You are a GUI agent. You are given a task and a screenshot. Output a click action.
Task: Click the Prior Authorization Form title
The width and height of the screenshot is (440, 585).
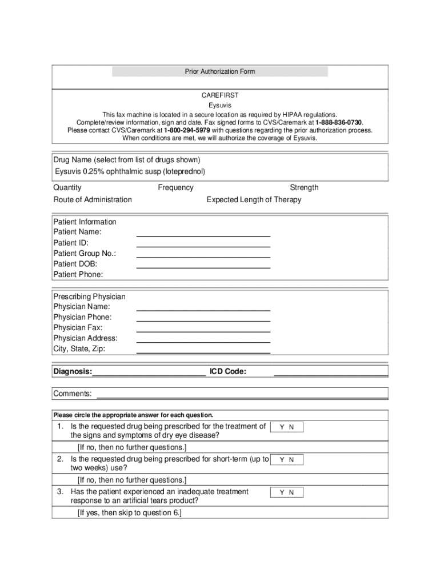tap(219, 71)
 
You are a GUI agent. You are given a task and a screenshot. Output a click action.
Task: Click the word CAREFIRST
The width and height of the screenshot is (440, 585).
tap(219, 96)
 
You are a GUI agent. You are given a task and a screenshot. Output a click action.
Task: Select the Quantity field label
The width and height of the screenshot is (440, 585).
tap(67, 187)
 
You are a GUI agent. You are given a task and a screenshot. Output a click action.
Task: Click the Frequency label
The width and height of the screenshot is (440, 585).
tap(175, 187)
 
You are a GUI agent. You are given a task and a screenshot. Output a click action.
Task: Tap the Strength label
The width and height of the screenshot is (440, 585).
tap(304, 187)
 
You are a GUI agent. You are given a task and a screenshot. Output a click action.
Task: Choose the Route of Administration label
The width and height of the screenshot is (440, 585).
tap(93, 199)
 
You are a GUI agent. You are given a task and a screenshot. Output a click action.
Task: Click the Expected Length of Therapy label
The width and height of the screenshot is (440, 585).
tap(254, 199)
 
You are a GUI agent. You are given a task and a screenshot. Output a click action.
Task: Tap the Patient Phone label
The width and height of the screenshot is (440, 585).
tap(78, 274)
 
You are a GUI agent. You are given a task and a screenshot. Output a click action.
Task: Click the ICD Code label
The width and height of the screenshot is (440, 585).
tap(228, 372)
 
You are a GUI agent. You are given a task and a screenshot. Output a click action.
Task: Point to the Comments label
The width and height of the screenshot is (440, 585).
tap(73, 394)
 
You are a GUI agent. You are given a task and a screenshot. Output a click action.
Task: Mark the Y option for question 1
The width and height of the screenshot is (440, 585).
tap(282, 427)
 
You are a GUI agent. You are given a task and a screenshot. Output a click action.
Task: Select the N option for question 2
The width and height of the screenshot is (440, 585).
tap(291, 459)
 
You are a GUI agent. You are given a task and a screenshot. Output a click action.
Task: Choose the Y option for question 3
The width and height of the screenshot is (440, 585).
tap(282, 492)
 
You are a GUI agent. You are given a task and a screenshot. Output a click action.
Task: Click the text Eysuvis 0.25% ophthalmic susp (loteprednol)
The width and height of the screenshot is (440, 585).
tap(130, 171)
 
